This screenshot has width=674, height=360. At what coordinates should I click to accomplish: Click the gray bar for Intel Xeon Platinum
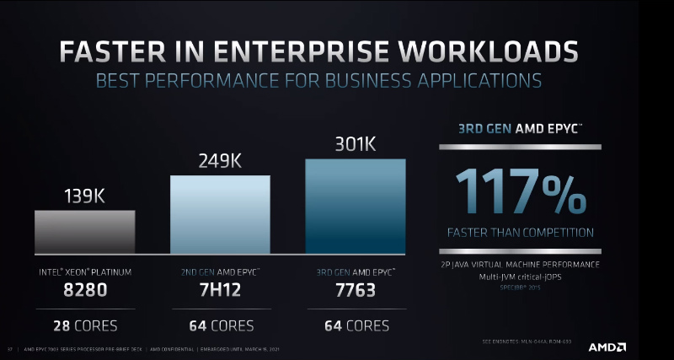click(84, 231)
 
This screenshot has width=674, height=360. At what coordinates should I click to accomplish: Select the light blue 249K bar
click(220, 214)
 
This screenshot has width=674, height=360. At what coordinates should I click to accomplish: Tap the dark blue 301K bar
click(355, 206)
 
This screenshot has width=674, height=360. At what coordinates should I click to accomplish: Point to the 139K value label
click(84, 196)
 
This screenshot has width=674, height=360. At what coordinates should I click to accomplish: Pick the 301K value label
click(355, 145)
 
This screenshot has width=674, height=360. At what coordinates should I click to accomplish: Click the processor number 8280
click(84, 293)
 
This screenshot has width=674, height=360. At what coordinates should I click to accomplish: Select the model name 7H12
click(220, 293)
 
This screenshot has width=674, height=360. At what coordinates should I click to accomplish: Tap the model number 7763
click(355, 293)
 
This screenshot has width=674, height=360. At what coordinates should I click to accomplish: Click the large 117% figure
click(519, 191)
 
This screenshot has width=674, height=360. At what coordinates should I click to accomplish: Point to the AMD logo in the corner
click(607, 347)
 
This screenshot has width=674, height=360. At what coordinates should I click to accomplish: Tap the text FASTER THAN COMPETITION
click(519, 233)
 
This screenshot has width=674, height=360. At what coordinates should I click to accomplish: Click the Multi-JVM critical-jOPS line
click(520, 276)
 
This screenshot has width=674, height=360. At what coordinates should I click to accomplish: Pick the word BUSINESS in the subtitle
click(356, 82)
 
